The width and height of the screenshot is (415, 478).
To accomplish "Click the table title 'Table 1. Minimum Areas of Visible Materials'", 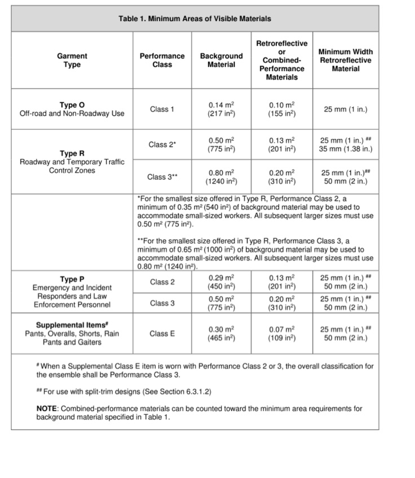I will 195,19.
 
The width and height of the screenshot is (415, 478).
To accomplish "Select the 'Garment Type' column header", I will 72,60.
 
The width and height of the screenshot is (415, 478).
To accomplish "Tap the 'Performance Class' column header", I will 162,60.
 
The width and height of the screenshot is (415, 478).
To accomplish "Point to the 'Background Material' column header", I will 222,60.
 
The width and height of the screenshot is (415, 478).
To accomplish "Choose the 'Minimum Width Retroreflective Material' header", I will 346,60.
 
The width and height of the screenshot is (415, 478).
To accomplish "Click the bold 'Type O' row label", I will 72,105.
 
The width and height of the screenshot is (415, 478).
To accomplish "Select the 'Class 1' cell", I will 162,109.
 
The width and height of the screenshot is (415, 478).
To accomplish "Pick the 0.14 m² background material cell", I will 222,109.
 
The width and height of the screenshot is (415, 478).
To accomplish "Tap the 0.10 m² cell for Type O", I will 282,109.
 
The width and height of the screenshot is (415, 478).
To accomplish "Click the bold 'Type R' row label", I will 72,153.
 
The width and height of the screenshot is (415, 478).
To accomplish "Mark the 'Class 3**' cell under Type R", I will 162,177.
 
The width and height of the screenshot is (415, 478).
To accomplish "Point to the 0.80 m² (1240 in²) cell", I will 222,177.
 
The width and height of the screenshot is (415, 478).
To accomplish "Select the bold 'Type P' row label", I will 72,279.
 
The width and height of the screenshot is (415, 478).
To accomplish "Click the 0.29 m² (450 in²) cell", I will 222,282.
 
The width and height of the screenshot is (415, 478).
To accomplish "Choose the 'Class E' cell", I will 162,334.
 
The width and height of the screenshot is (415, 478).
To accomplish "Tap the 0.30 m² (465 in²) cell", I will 222,334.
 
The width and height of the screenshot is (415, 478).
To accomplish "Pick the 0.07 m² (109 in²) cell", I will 282,334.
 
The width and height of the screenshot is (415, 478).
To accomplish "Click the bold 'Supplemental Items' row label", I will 72,325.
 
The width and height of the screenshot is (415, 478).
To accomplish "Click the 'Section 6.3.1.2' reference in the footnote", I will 179,390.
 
